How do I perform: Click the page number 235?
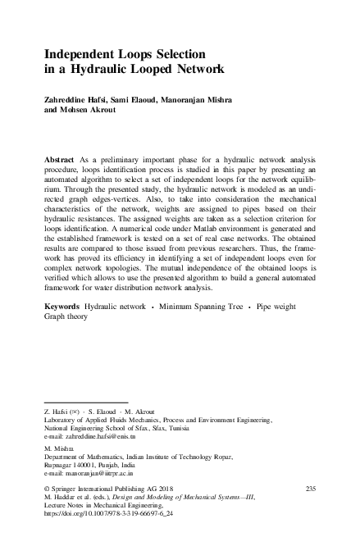310,489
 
